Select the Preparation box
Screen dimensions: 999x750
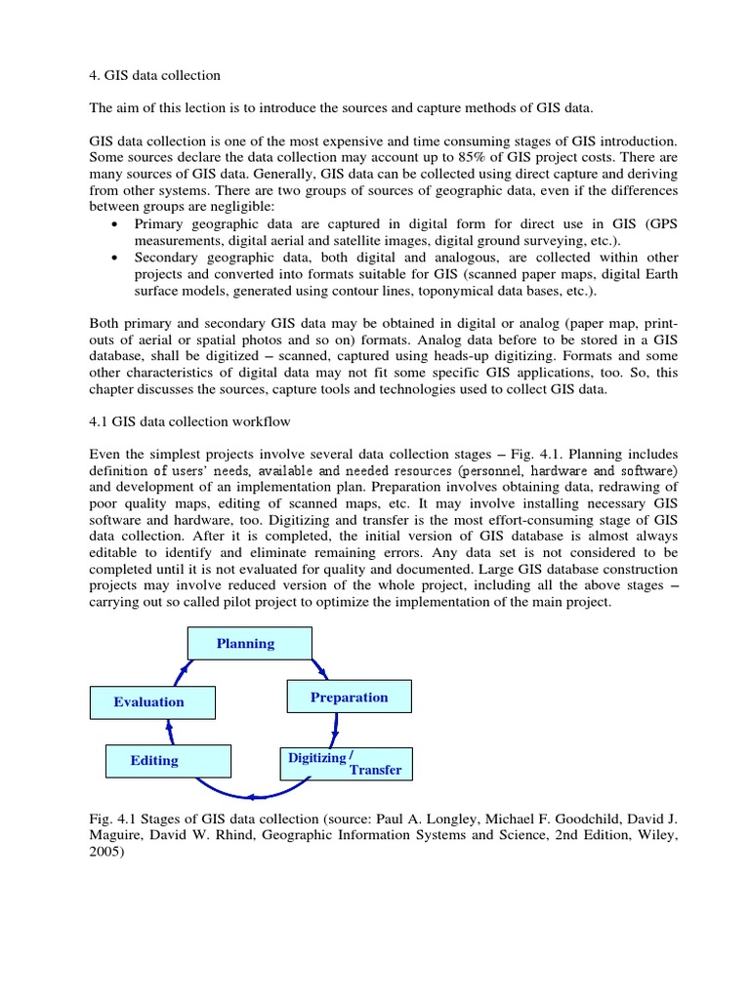349,698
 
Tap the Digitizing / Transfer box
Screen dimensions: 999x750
347,763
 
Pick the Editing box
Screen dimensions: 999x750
168,761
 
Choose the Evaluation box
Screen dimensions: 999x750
151,702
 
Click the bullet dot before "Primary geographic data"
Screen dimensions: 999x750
116,223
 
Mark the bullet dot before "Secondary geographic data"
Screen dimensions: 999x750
116,259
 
